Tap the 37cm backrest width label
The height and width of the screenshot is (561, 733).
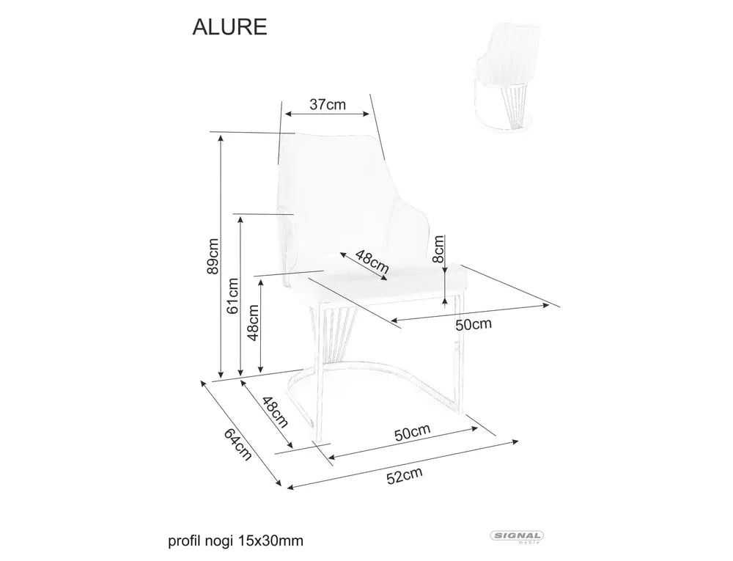[328, 104]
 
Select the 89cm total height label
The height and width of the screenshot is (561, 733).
[213, 257]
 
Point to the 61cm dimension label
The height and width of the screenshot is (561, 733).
[232, 296]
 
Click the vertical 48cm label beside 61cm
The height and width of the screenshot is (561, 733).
[253, 323]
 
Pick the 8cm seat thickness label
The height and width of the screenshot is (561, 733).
[438, 249]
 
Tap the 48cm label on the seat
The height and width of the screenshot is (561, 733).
[372, 261]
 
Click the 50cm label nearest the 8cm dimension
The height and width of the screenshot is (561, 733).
[474, 324]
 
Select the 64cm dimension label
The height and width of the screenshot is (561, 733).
[238, 444]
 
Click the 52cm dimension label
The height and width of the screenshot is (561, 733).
[405, 476]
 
